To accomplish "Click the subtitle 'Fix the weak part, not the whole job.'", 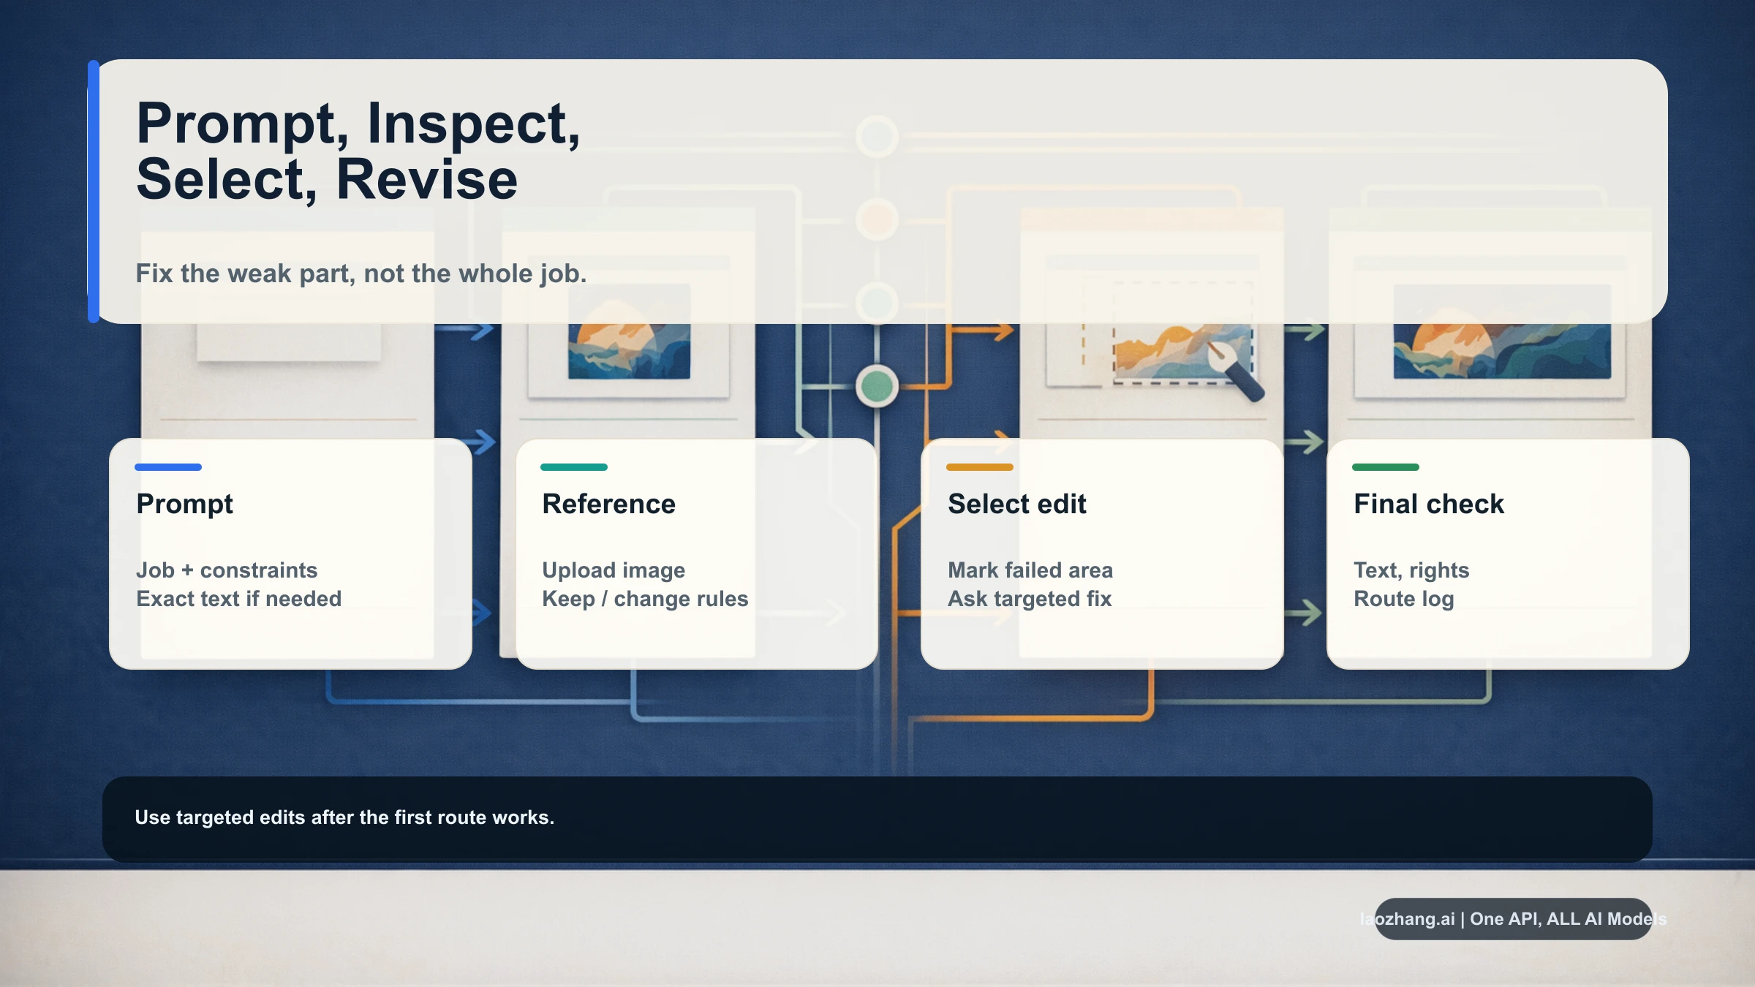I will point(361,273).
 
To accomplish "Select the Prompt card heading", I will point(184,504).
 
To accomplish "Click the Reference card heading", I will point(608,504).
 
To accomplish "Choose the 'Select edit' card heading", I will point(1016,504).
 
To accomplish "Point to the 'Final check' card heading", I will point(1428,504).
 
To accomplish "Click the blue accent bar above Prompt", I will point(168,466).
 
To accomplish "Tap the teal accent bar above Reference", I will point(574,466).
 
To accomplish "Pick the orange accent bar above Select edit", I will point(980,466).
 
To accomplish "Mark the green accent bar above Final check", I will point(1386,466).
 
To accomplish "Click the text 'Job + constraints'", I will point(227,570).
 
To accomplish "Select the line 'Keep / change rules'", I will point(645,599).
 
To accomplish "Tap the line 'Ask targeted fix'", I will point(1030,599).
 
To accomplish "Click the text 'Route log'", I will point(1403,599).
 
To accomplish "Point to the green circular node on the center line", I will point(877,386).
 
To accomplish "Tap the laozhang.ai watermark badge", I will point(1513,919).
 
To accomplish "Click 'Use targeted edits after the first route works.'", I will point(344,817).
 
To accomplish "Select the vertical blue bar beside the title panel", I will point(94,192).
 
